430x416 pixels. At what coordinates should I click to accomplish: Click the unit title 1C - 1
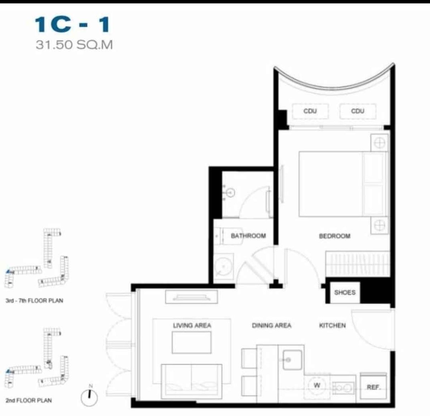point(72,25)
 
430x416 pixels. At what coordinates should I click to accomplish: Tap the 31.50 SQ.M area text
point(74,45)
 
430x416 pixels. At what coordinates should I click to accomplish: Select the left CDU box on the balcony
point(310,111)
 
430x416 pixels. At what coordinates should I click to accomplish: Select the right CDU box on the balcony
point(358,111)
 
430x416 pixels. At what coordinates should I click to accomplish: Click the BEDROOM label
point(335,236)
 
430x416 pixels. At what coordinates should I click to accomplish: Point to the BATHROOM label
point(248,236)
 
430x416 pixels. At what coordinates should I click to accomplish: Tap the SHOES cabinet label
point(345,293)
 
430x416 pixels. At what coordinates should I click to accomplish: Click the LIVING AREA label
point(192,326)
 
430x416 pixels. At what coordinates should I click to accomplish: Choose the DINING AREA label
point(272,326)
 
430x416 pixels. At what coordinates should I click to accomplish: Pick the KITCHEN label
point(332,326)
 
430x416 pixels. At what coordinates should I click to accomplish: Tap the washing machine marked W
point(317,386)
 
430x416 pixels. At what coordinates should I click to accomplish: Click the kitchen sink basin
point(292,360)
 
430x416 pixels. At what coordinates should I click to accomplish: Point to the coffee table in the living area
point(192,343)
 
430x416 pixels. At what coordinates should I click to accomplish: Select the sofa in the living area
point(192,381)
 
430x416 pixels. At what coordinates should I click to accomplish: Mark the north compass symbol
point(89,396)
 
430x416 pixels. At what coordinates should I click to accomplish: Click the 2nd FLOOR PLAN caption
point(29,400)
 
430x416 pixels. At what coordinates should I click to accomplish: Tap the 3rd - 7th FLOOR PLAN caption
point(34,300)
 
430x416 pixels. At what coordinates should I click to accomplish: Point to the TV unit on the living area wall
point(191,297)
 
